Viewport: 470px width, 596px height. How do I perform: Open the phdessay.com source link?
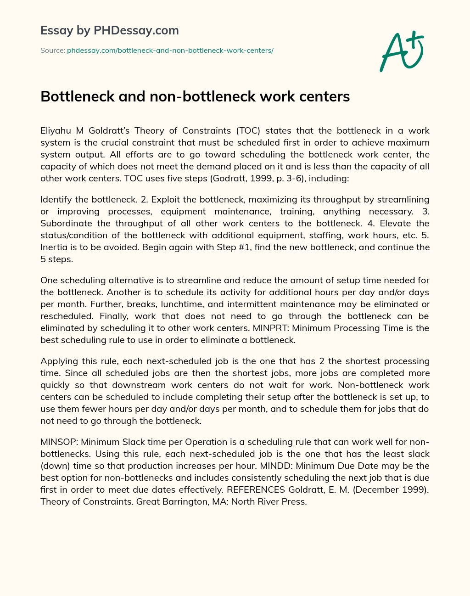(x=170, y=51)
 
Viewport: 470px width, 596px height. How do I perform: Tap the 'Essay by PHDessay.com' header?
(x=110, y=31)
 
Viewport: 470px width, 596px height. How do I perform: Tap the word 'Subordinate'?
(x=66, y=223)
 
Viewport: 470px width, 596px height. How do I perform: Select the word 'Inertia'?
(x=54, y=247)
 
